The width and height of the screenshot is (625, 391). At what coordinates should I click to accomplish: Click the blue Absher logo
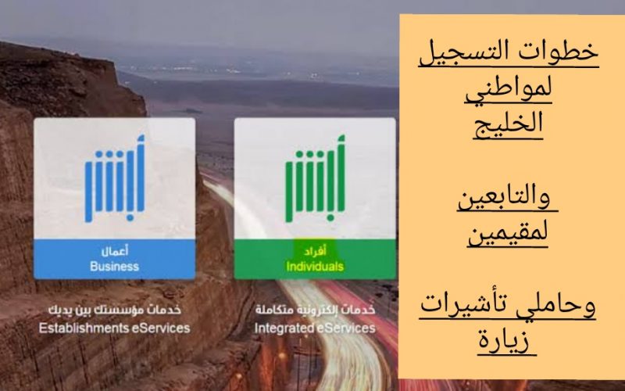(114, 179)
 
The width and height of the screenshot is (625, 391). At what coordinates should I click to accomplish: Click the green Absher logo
(315, 179)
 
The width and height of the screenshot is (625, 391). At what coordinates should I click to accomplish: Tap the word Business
(114, 266)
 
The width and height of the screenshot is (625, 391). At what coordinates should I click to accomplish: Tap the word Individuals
(315, 266)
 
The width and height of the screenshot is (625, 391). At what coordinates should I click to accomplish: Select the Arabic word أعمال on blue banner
(114, 251)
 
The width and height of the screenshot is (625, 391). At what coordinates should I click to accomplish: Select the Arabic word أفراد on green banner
(315, 251)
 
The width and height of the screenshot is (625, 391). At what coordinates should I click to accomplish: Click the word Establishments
(84, 328)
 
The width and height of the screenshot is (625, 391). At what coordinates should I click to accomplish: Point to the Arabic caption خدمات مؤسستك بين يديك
(114, 310)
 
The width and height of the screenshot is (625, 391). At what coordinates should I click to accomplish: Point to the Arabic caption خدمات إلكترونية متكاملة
(315, 310)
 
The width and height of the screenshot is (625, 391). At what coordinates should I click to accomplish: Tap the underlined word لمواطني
(509, 89)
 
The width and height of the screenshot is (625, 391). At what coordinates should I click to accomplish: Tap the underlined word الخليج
(509, 123)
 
